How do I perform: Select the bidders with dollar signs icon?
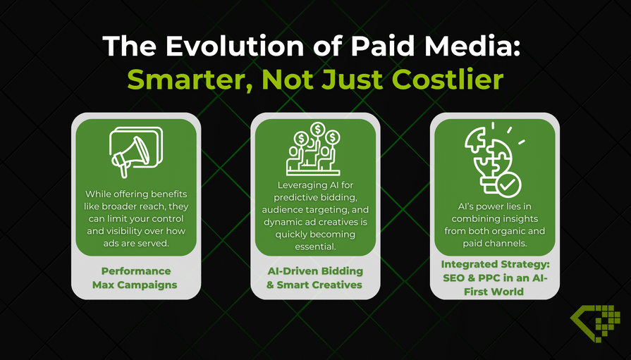click(314, 149)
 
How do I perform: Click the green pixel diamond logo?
click(595, 323)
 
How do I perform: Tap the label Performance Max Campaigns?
click(135, 278)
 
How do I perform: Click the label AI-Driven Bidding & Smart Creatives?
click(314, 278)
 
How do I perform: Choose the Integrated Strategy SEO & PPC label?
click(495, 278)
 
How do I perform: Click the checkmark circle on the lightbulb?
click(508, 185)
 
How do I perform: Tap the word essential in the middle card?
click(315, 246)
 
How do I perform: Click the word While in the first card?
click(98, 194)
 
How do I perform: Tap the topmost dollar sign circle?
click(318, 129)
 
